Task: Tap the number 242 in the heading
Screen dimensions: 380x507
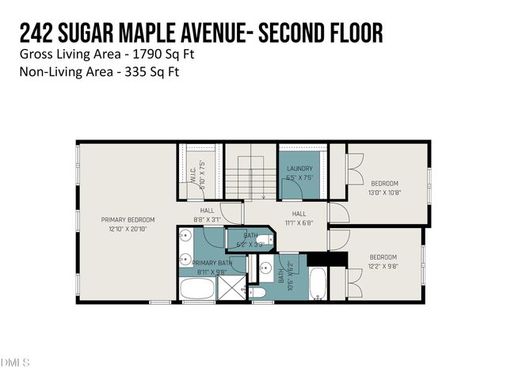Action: point(36,32)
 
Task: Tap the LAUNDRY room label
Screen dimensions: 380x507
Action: point(299,169)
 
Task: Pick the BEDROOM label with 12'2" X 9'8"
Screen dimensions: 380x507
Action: point(383,257)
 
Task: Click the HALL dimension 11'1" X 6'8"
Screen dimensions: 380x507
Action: point(299,224)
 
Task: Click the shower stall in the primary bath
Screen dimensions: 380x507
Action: point(231,289)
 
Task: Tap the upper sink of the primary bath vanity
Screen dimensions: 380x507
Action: point(185,235)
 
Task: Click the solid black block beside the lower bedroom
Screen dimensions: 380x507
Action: point(322,260)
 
